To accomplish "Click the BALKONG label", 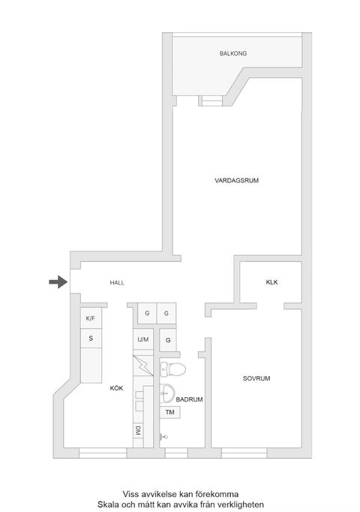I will click(233, 54).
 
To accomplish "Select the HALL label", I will click(116, 282).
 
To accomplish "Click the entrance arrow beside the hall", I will click(57, 282).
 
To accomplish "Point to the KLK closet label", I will click(271, 282).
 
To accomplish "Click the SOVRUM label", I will click(255, 379).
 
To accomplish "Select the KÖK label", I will click(116, 388).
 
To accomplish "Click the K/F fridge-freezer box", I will click(91, 318).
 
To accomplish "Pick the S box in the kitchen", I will click(91, 339).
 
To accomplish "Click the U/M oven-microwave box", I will click(142, 340).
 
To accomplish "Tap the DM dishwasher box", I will click(139, 431).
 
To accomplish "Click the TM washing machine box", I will click(169, 413).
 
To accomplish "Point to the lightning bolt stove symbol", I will click(142, 367).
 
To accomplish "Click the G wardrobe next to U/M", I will click(168, 340).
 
